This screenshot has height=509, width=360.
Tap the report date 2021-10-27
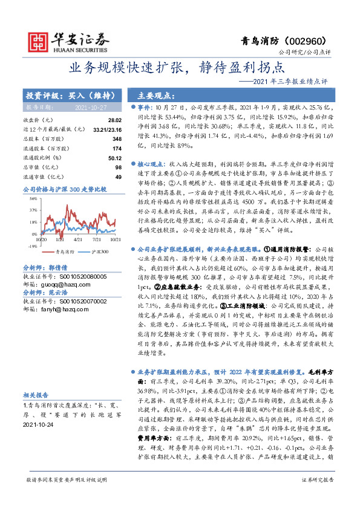[x=90, y=106]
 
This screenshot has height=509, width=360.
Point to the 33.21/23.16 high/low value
[x=106, y=129]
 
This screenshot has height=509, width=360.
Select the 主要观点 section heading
[x=151, y=95]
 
